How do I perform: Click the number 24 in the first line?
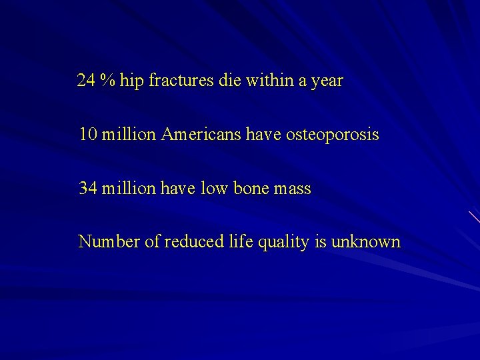[x=85, y=81]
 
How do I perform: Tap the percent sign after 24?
[x=107, y=81]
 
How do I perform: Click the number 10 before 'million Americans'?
[x=87, y=135]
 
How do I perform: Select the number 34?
[x=87, y=189]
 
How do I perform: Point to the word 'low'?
[x=215, y=189]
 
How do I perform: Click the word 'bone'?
[x=250, y=189]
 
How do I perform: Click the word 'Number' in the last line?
[x=109, y=241]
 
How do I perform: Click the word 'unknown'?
[x=367, y=241]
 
